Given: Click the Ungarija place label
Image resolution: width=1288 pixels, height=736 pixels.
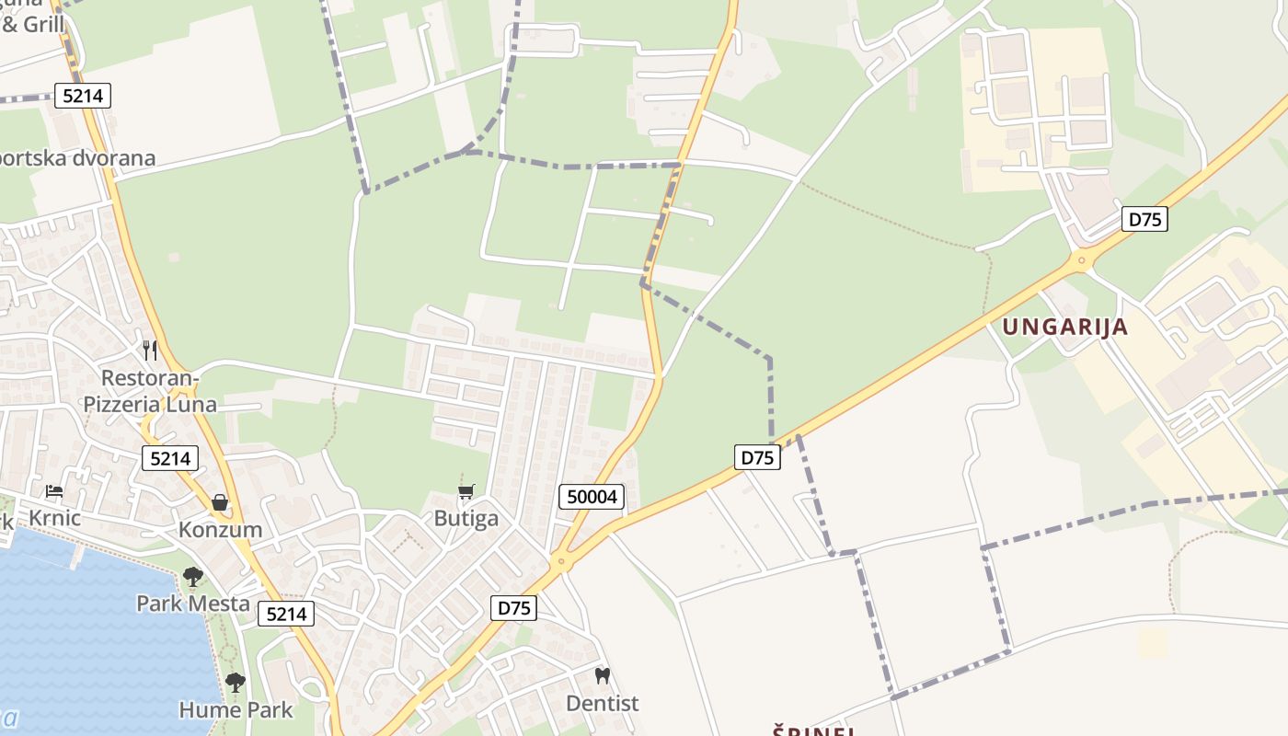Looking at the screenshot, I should [1064, 327].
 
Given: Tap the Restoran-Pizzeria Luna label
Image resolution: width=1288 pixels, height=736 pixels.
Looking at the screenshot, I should [150, 391].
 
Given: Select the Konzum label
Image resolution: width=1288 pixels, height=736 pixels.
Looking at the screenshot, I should [220, 530].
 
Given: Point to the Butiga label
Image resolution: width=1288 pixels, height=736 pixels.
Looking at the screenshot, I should [466, 518].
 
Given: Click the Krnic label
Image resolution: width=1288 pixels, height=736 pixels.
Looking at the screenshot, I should [54, 518].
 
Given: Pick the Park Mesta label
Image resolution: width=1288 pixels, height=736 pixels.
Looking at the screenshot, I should [193, 604].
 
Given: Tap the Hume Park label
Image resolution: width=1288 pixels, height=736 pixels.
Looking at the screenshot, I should [236, 709].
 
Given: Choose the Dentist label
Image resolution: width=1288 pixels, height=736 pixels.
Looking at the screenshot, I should [602, 703].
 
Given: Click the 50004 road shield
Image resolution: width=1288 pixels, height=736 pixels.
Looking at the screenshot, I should [592, 497].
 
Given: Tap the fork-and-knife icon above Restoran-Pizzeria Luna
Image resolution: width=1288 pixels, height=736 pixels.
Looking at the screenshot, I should [150, 351].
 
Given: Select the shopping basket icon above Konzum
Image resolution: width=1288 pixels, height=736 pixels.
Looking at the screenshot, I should [220, 502].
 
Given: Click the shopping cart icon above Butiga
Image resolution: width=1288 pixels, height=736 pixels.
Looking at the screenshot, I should [466, 492].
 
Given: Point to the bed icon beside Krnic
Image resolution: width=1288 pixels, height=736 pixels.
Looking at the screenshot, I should [54, 491].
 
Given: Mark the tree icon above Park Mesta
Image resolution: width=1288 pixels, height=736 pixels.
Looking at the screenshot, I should [192, 577].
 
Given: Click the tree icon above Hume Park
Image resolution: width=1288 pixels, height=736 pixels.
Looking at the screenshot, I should [236, 683].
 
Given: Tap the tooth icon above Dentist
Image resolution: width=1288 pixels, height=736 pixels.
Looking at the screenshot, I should [602, 676].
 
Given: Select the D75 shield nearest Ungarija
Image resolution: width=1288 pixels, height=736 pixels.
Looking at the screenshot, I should [1144, 219].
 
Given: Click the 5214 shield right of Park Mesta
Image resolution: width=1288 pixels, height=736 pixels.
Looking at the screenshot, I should [286, 614].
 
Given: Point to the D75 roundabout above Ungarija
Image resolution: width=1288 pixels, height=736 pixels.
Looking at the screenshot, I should [1082, 261].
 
